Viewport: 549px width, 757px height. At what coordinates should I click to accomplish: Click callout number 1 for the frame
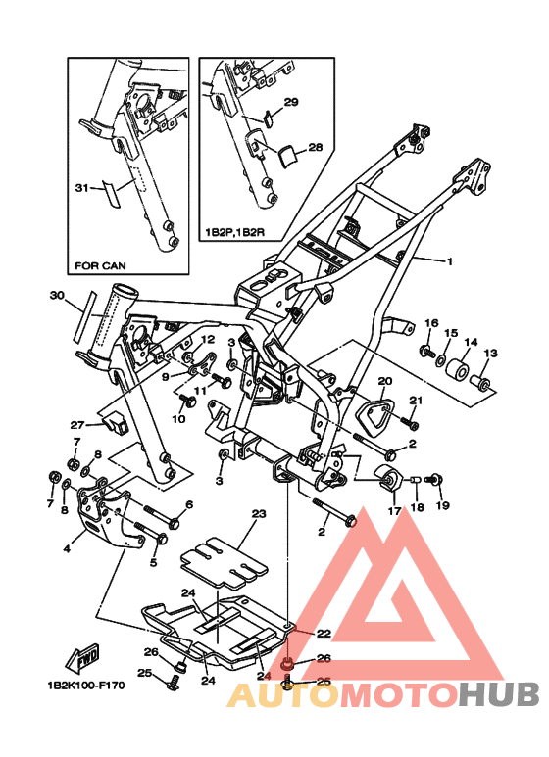tap(449, 261)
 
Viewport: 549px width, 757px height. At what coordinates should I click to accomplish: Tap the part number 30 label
tap(57, 295)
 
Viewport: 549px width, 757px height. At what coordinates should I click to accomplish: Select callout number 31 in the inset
tap(81, 186)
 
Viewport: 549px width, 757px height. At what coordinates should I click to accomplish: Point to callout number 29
tap(291, 102)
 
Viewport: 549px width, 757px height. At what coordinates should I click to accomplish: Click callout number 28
tap(315, 148)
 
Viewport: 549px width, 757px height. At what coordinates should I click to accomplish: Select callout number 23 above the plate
tap(259, 513)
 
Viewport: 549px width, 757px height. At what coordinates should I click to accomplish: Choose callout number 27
tap(78, 425)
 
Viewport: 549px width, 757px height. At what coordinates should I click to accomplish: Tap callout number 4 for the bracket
tap(67, 548)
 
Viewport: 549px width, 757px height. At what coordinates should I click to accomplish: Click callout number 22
tap(324, 634)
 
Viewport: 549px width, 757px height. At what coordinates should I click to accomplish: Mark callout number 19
tap(442, 505)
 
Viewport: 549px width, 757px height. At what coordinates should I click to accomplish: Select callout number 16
tap(429, 323)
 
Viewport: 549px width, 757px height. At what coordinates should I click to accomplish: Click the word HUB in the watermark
tap(499, 694)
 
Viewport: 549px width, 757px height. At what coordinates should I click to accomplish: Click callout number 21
tap(415, 400)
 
